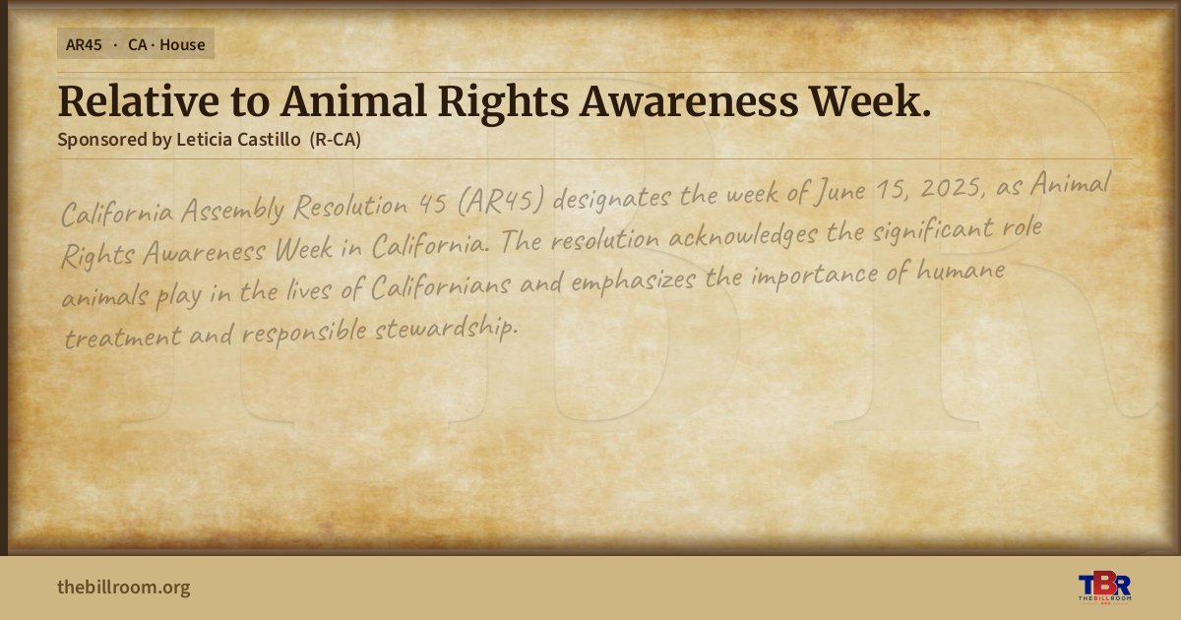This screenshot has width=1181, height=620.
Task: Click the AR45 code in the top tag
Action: click(84, 45)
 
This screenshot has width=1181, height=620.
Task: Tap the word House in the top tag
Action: click(182, 45)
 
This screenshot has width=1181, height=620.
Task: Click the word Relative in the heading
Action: click(139, 101)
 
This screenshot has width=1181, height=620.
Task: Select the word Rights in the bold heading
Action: click(504, 102)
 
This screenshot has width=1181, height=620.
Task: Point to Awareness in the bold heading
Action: click(689, 101)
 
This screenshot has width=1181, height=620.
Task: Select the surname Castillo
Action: click(269, 139)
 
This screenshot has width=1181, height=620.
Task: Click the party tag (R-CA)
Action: click(336, 140)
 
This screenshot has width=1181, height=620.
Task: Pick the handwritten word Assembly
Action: click(233, 209)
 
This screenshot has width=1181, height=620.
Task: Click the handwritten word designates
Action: click(611, 198)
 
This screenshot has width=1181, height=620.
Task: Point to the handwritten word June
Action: click(839, 192)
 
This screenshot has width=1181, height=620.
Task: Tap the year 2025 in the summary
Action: click(953, 188)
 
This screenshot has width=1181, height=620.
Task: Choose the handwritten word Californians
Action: click(441, 286)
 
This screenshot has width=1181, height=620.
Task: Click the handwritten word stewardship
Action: click(447, 330)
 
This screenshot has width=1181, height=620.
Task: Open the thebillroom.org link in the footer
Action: click(124, 588)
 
